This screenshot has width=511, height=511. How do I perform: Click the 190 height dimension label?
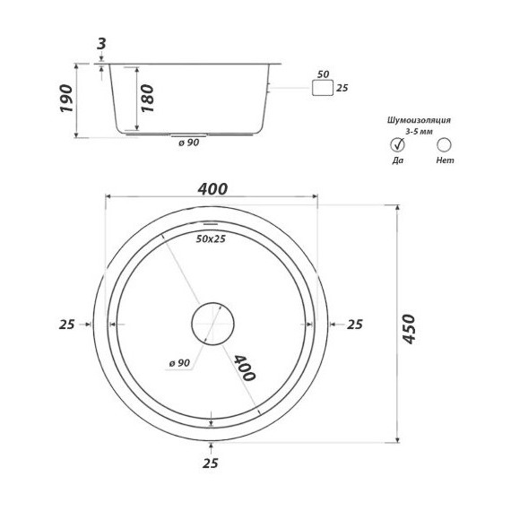(x=66, y=99)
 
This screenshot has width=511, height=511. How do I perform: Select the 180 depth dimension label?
(x=147, y=99)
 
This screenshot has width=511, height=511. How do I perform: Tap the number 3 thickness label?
(x=101, y=44)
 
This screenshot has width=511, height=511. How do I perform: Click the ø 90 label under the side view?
(x=188, y=143)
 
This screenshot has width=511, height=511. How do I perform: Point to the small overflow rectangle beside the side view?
(x=323, y=88)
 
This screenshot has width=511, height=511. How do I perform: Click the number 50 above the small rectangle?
(x=323, y=74)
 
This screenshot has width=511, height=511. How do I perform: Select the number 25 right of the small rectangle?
(x=342, y=88)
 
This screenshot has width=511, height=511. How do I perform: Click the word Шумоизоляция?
(x=419, y=120)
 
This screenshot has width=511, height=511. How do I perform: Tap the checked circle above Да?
(x=397, y=145)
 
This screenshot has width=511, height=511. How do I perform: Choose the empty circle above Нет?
(x=444, y=145)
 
